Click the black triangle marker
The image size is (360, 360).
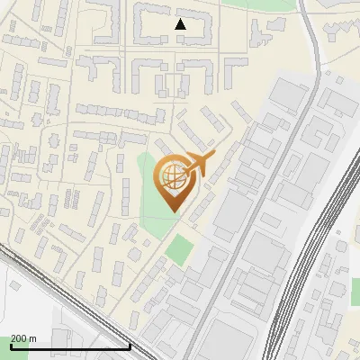pos(180,24)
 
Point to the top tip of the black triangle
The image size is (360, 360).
pos(180,19)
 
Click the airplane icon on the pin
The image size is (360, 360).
pos(196,165)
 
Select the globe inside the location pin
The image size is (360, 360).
pos(171,175)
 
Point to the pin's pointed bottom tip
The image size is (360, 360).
pos(171,212)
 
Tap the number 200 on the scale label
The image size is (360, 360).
pos(19,338)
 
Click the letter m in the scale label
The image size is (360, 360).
pos(33,338)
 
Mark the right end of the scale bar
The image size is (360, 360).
pos(130,346)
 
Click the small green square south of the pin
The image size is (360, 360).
pos(181,247)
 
